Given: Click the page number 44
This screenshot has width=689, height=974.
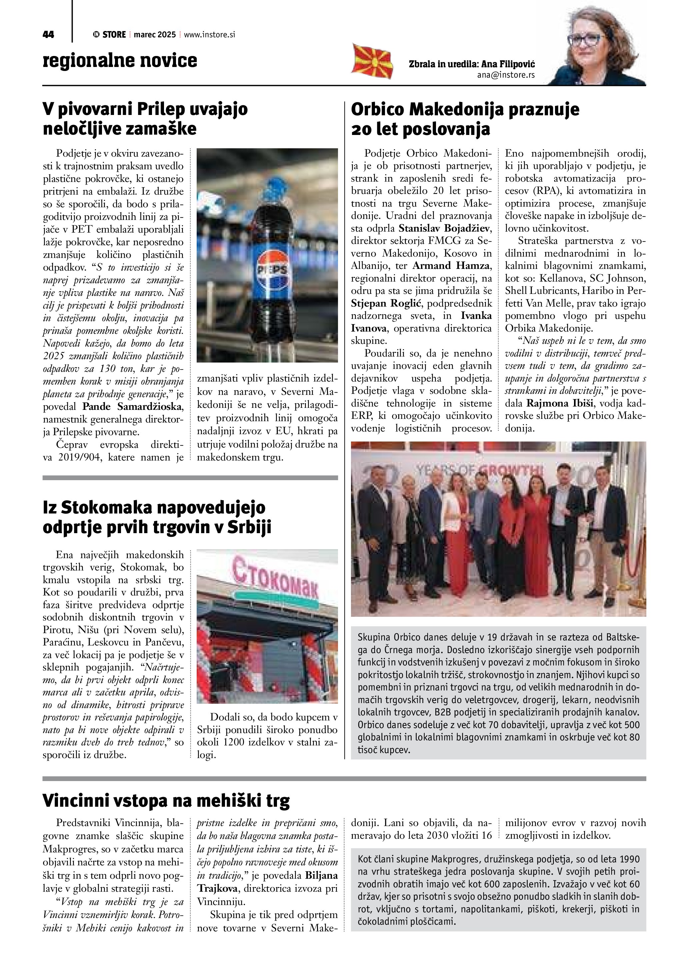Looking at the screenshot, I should (x=48, y=35).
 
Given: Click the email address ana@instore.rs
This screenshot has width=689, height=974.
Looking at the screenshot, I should (x=506, y=75).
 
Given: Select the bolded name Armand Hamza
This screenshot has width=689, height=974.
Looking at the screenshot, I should (x=451, y=266).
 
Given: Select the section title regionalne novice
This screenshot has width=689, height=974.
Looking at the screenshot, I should (x=120, y=60).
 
